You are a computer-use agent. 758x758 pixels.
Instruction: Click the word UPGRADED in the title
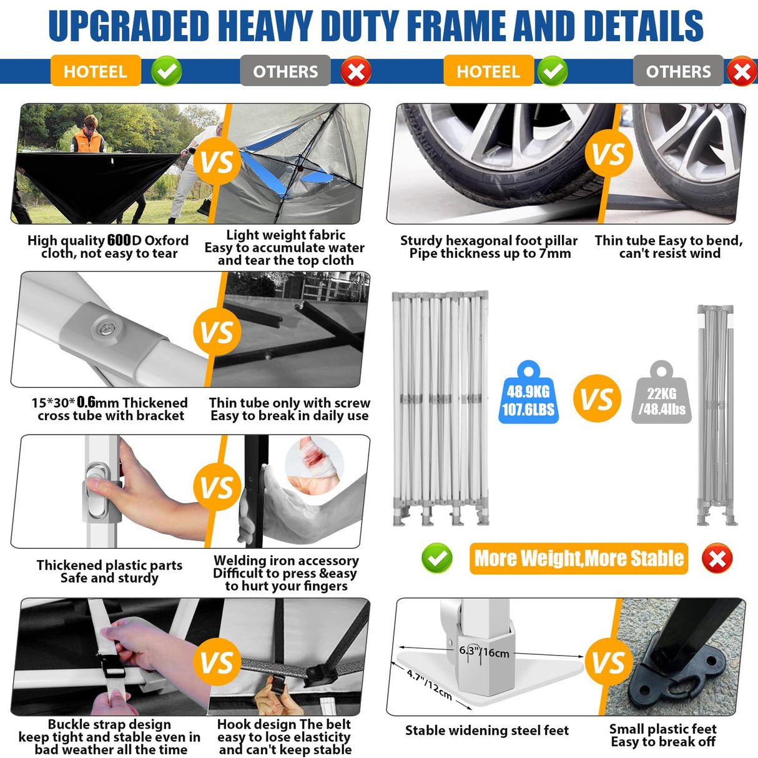[129, 26]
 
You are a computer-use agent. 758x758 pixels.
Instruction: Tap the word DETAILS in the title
[643, 26]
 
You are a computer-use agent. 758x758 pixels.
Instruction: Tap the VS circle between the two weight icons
[597, 399]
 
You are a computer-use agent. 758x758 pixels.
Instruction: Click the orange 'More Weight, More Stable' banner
[578, 558]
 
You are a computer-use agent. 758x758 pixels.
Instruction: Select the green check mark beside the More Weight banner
[437, 558]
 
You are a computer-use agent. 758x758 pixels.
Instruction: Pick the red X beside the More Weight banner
[717, 558]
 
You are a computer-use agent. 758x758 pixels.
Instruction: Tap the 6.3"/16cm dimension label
[485, 652]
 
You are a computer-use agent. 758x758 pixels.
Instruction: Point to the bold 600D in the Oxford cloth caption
[119, 240]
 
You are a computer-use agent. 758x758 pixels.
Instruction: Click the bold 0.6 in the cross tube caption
[86, 403]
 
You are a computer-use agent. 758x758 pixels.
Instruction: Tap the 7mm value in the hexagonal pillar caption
[555, 253]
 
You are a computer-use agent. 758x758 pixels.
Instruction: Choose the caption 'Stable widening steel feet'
[487, 731]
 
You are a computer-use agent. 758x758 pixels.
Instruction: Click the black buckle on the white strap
[111, 672]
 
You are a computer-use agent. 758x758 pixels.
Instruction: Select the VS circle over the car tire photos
[608, 154]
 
